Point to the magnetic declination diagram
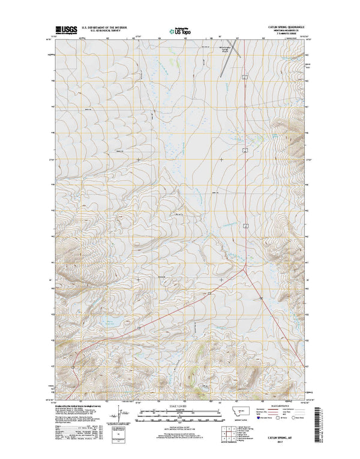coord(124,413)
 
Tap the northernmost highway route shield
coord(245,77)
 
